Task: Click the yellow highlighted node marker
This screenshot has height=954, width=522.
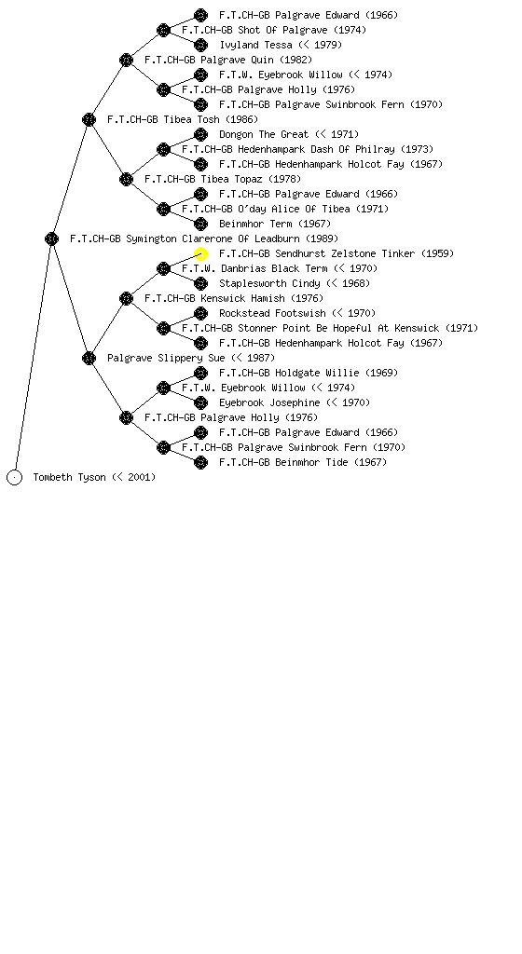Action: [200, 253]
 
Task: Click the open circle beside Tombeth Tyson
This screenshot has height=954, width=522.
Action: [15, 477]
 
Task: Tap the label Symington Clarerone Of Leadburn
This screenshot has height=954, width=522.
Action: [213, 238]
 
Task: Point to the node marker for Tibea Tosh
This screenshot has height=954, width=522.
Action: [89, 119]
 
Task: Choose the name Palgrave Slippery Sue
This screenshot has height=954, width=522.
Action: [166, 358]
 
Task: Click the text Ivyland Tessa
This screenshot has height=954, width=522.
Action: [256, 45]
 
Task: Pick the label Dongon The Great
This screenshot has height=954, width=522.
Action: [264, 134]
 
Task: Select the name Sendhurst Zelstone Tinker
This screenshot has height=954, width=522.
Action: [345, 253]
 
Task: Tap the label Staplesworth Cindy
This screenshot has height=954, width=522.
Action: [269, 283]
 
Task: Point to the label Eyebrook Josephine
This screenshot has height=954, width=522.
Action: [269, 402]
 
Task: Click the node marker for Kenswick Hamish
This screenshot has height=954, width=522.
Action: [126, 298]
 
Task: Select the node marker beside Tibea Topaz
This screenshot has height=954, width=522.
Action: [126, 179]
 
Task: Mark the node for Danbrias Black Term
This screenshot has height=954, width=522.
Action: [163, 268]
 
